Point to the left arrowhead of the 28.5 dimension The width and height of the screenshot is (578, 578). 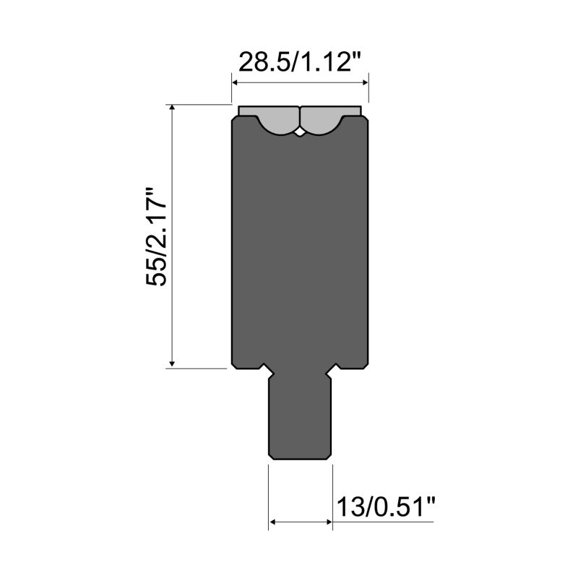pyautogui.click(x=235, y=82)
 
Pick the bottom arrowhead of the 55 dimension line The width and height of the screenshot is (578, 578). pyautogui.click(x=172, y=363)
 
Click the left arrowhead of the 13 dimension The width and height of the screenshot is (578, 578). pyautogui.click(x=272, y=520)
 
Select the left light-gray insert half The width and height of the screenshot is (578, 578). pyautogui.click(x=271, y=119)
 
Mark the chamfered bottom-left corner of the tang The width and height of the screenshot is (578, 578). pyautogui.click(x=272, y=454)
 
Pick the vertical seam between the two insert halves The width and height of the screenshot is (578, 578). pyautogui.click(x=301, y=117)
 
